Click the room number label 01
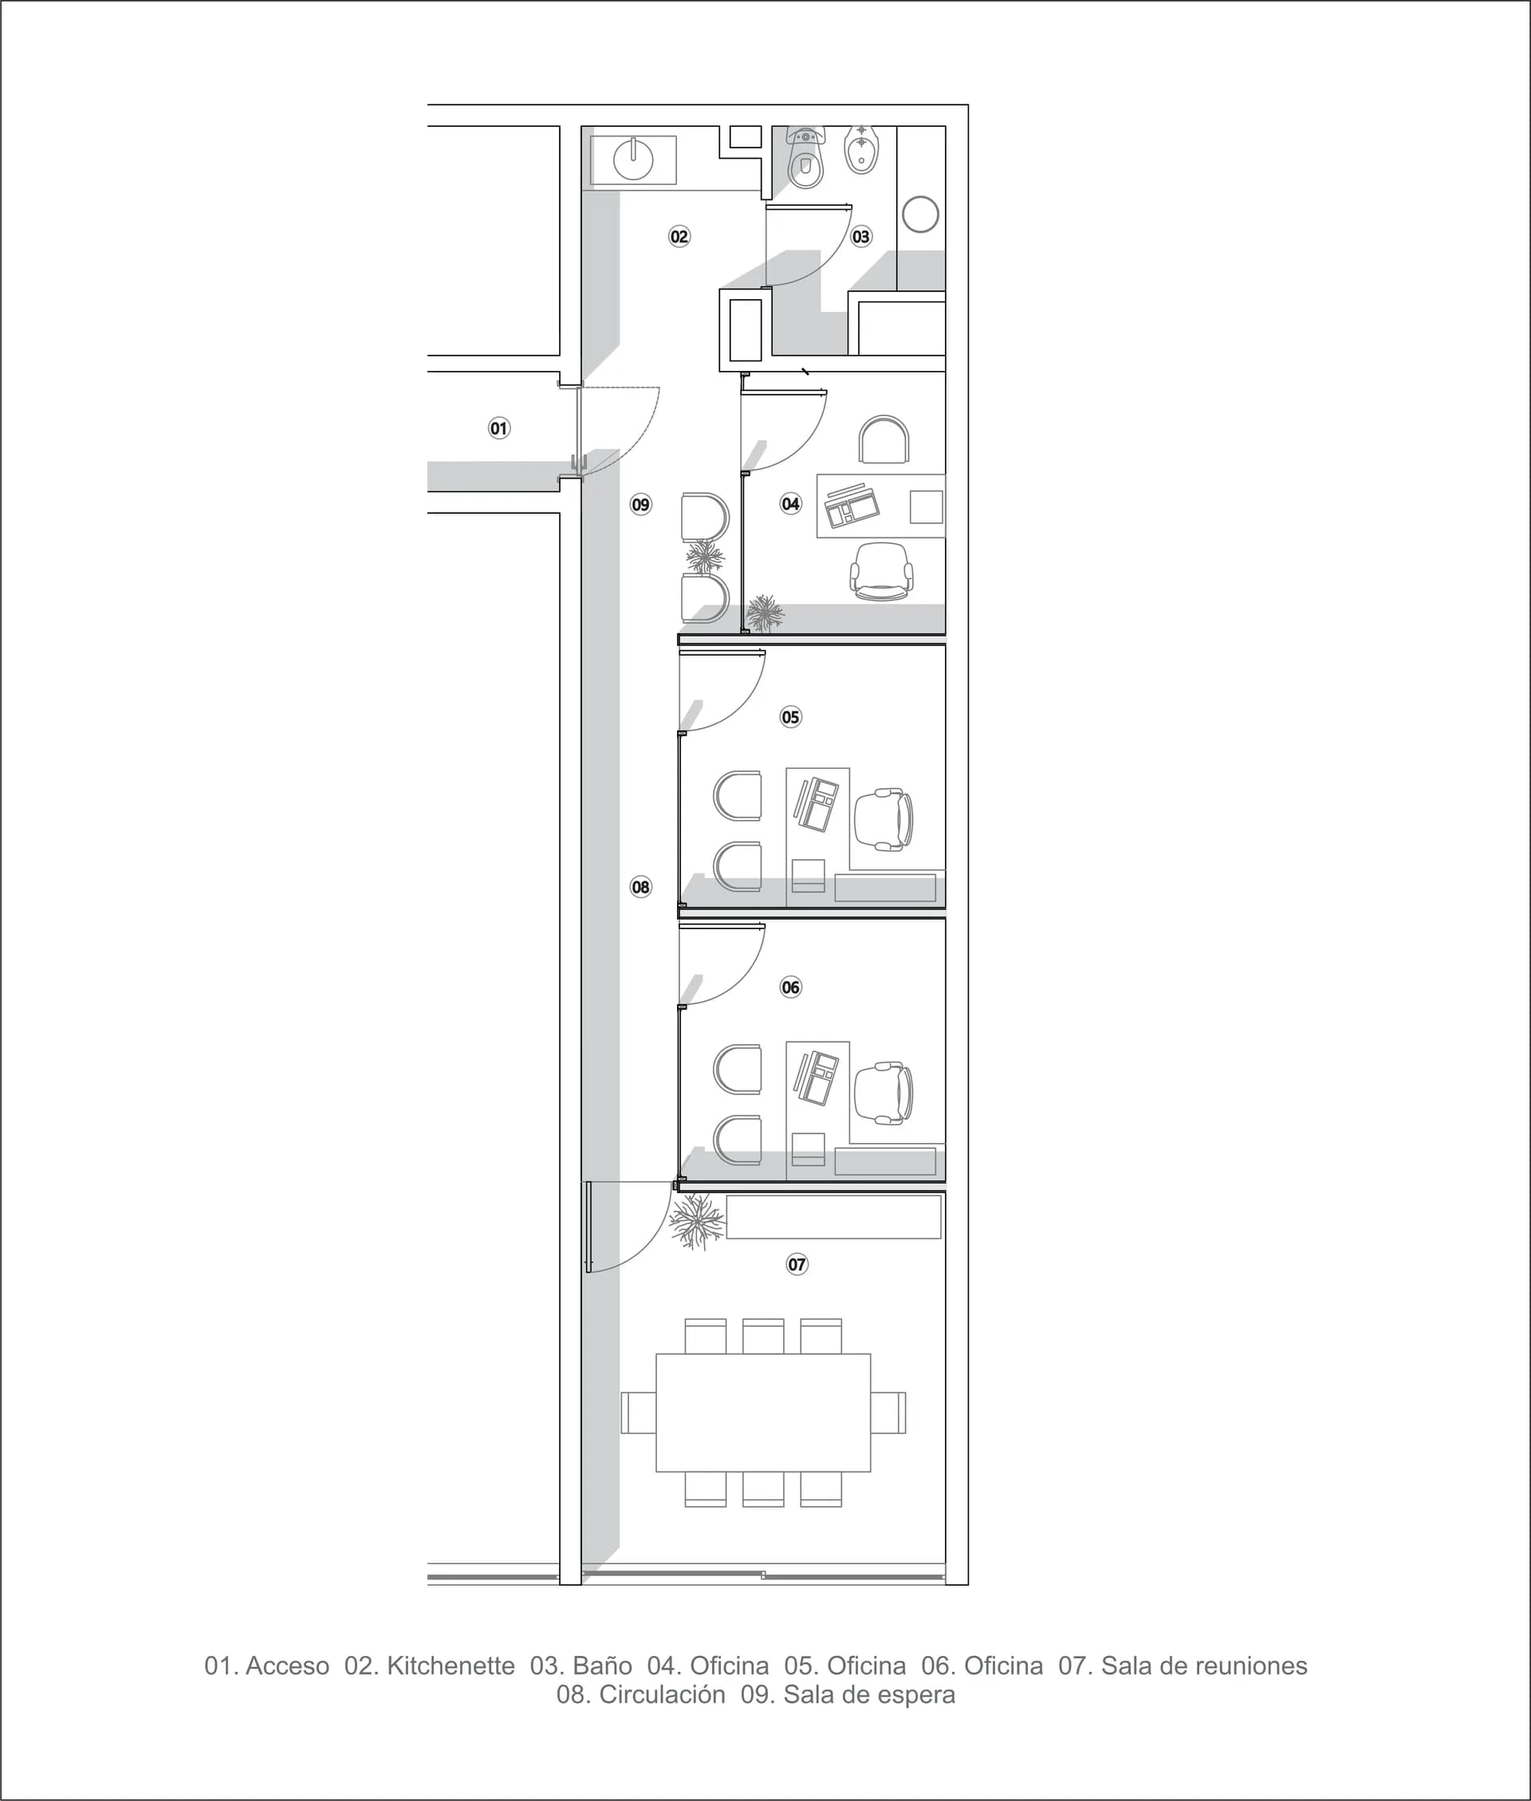coord(499,428)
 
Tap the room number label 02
coord(679,236)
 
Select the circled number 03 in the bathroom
coord(861,236)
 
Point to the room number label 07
coord(797,1263)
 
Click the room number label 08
coord(640,886)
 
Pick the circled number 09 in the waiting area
coord(640,504)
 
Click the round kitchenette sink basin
coord(634,160)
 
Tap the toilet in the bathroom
coord(805,158)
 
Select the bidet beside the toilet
coord(862,150)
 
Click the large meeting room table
coord(763,1412)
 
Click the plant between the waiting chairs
coord(705,557)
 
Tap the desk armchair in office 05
coord(884,819)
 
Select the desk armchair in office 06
coord(884,1093)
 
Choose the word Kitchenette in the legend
coord(451,1665)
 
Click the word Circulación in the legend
coord(662,1694)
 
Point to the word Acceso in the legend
coord(287,1665)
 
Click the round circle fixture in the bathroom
coord(920,215)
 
